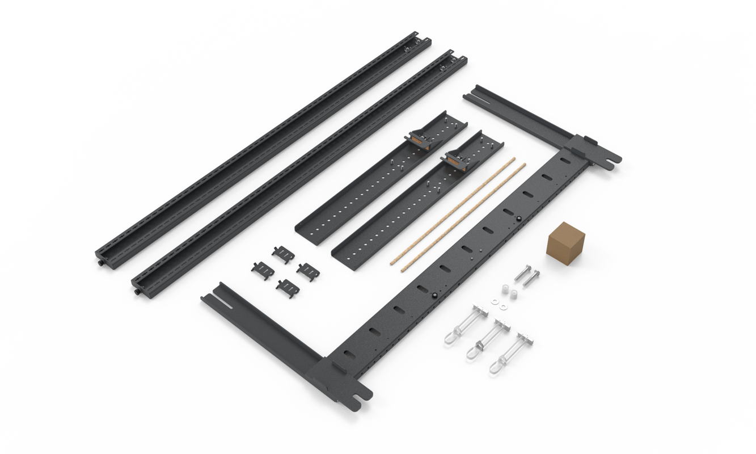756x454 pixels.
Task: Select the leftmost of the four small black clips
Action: pyautogui.click(x=260, y=268)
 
